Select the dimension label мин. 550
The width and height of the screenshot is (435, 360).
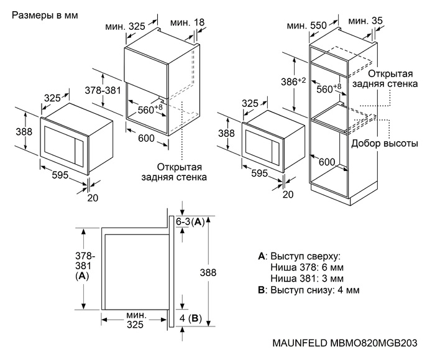307,25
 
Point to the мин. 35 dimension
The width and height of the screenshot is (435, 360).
367,21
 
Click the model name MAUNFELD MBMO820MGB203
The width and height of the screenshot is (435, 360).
344,343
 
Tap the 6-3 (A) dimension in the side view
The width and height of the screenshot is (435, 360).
190,221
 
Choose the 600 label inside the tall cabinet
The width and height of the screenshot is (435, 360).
327,162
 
